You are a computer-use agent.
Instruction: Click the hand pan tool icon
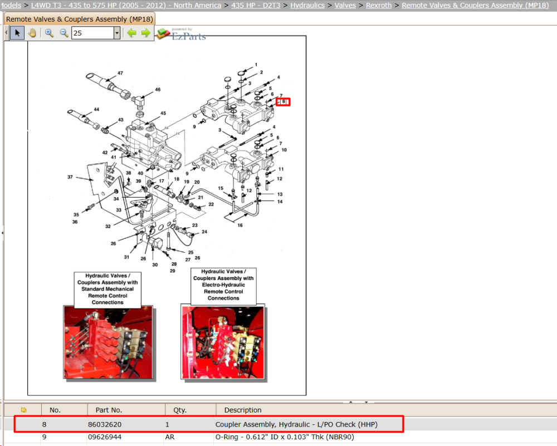(32, 33)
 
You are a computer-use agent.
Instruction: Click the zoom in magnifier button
(49, 33)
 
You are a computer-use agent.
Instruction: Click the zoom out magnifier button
(64, 33)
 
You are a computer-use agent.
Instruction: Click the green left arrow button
(132, 33)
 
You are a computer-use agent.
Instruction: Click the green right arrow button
(145, 33)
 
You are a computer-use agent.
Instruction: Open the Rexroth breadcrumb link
(379, 6)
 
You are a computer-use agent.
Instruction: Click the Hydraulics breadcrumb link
(307, 6)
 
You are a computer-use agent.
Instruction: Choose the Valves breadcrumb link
(345, 6)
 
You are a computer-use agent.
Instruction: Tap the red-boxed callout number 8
(284, 101)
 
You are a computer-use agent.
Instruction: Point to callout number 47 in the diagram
(120, 73)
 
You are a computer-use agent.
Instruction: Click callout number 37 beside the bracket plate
(70, 177)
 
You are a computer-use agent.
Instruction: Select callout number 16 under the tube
(240, 225)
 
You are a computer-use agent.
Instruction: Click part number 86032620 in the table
(105, 424)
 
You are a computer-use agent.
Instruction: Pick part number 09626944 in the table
(105, 437)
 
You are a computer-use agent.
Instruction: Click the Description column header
(243, 410)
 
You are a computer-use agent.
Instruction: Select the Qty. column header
(180, 410)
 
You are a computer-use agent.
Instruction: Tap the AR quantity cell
(170, 437)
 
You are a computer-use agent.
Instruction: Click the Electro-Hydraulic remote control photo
(223, 342)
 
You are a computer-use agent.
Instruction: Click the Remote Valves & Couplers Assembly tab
(80, 19)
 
